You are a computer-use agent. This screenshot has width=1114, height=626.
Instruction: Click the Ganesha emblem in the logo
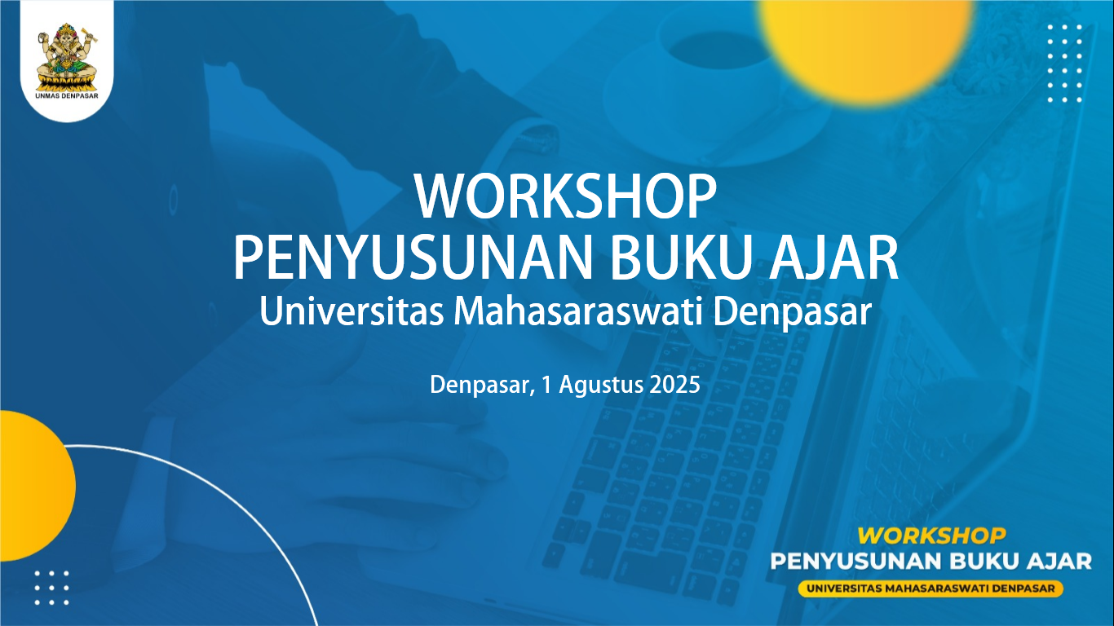click(x=67, y=56)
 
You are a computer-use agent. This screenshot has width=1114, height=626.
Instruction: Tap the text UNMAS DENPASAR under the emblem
click(x=67, y=95)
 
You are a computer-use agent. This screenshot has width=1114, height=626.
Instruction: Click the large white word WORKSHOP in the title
click(x=565, y=196)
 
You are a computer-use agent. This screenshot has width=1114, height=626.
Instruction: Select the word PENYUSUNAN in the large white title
click(x=413, y=260)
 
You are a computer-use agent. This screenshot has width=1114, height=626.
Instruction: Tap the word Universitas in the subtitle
click(x=351, y=311)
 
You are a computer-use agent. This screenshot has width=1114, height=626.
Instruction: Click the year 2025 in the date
click(x=675, y=385)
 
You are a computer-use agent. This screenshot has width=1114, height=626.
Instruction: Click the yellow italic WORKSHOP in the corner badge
click(x=931, y=536)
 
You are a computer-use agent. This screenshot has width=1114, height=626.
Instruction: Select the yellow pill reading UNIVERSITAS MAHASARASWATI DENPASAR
click(x=931, y=589)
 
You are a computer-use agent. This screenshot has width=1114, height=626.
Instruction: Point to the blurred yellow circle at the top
click(x=867, y=47)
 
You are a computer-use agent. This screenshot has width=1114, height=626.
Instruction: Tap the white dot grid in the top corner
click(x=1065, y=63)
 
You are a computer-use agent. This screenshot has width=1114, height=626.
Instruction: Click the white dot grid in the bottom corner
click(x=51, y=589)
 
